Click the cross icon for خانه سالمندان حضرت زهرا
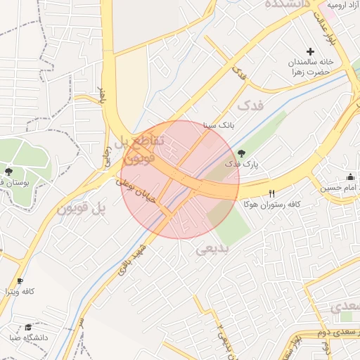[x=311, y=51]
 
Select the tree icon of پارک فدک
[x=241, y=153]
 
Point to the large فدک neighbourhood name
[x=253, y=106]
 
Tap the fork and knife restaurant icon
[x=271, y=193]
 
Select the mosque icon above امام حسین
[x=350, y=176]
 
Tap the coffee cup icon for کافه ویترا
[x=20, y=280]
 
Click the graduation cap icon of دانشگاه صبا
[x=28, y=327]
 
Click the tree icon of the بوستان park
[x=9, y=172]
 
